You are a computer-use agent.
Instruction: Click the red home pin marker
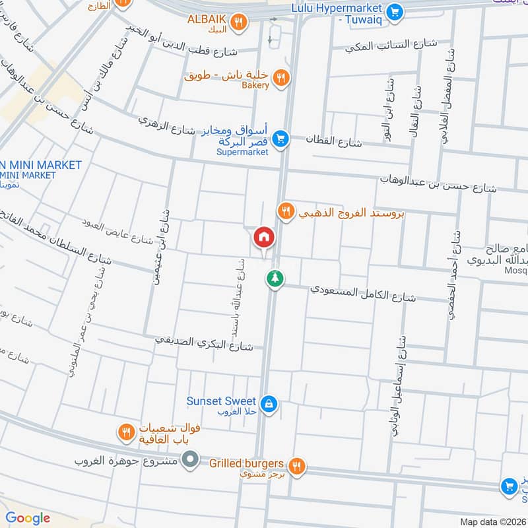click(x=263, y=237)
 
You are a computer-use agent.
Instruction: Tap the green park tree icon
click(x=273, y=279)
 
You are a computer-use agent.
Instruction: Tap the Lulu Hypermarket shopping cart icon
click(x=395, y=11)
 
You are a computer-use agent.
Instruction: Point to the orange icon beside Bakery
click(x=281, y=78)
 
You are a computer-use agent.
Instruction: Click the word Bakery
click(x=255, y=86)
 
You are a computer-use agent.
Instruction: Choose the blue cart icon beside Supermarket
click(x=280, y=139)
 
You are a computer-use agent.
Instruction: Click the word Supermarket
click(x=242, y=152)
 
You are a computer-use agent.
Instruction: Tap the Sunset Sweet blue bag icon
click(x=268, y=403)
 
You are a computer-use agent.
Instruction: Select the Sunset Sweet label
click(x=220, y=401)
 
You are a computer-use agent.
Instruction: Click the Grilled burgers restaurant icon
click(x=297, y=465)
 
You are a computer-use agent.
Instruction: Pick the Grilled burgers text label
click(x=246, y=463)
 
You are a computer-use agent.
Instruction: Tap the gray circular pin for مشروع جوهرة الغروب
click(x=191, y=457)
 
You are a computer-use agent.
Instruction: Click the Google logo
click(x=28, y=518)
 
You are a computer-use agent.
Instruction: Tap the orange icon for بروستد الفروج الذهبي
click(x=285, y=211)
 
